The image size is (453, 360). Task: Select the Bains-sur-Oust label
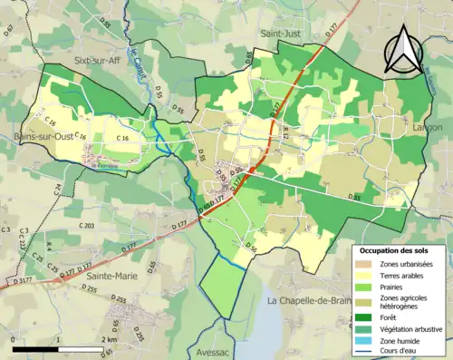(44, 137)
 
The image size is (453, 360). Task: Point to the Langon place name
(428, 127)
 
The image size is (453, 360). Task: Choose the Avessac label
(214, 352)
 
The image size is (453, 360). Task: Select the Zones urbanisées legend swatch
(367, 263)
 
